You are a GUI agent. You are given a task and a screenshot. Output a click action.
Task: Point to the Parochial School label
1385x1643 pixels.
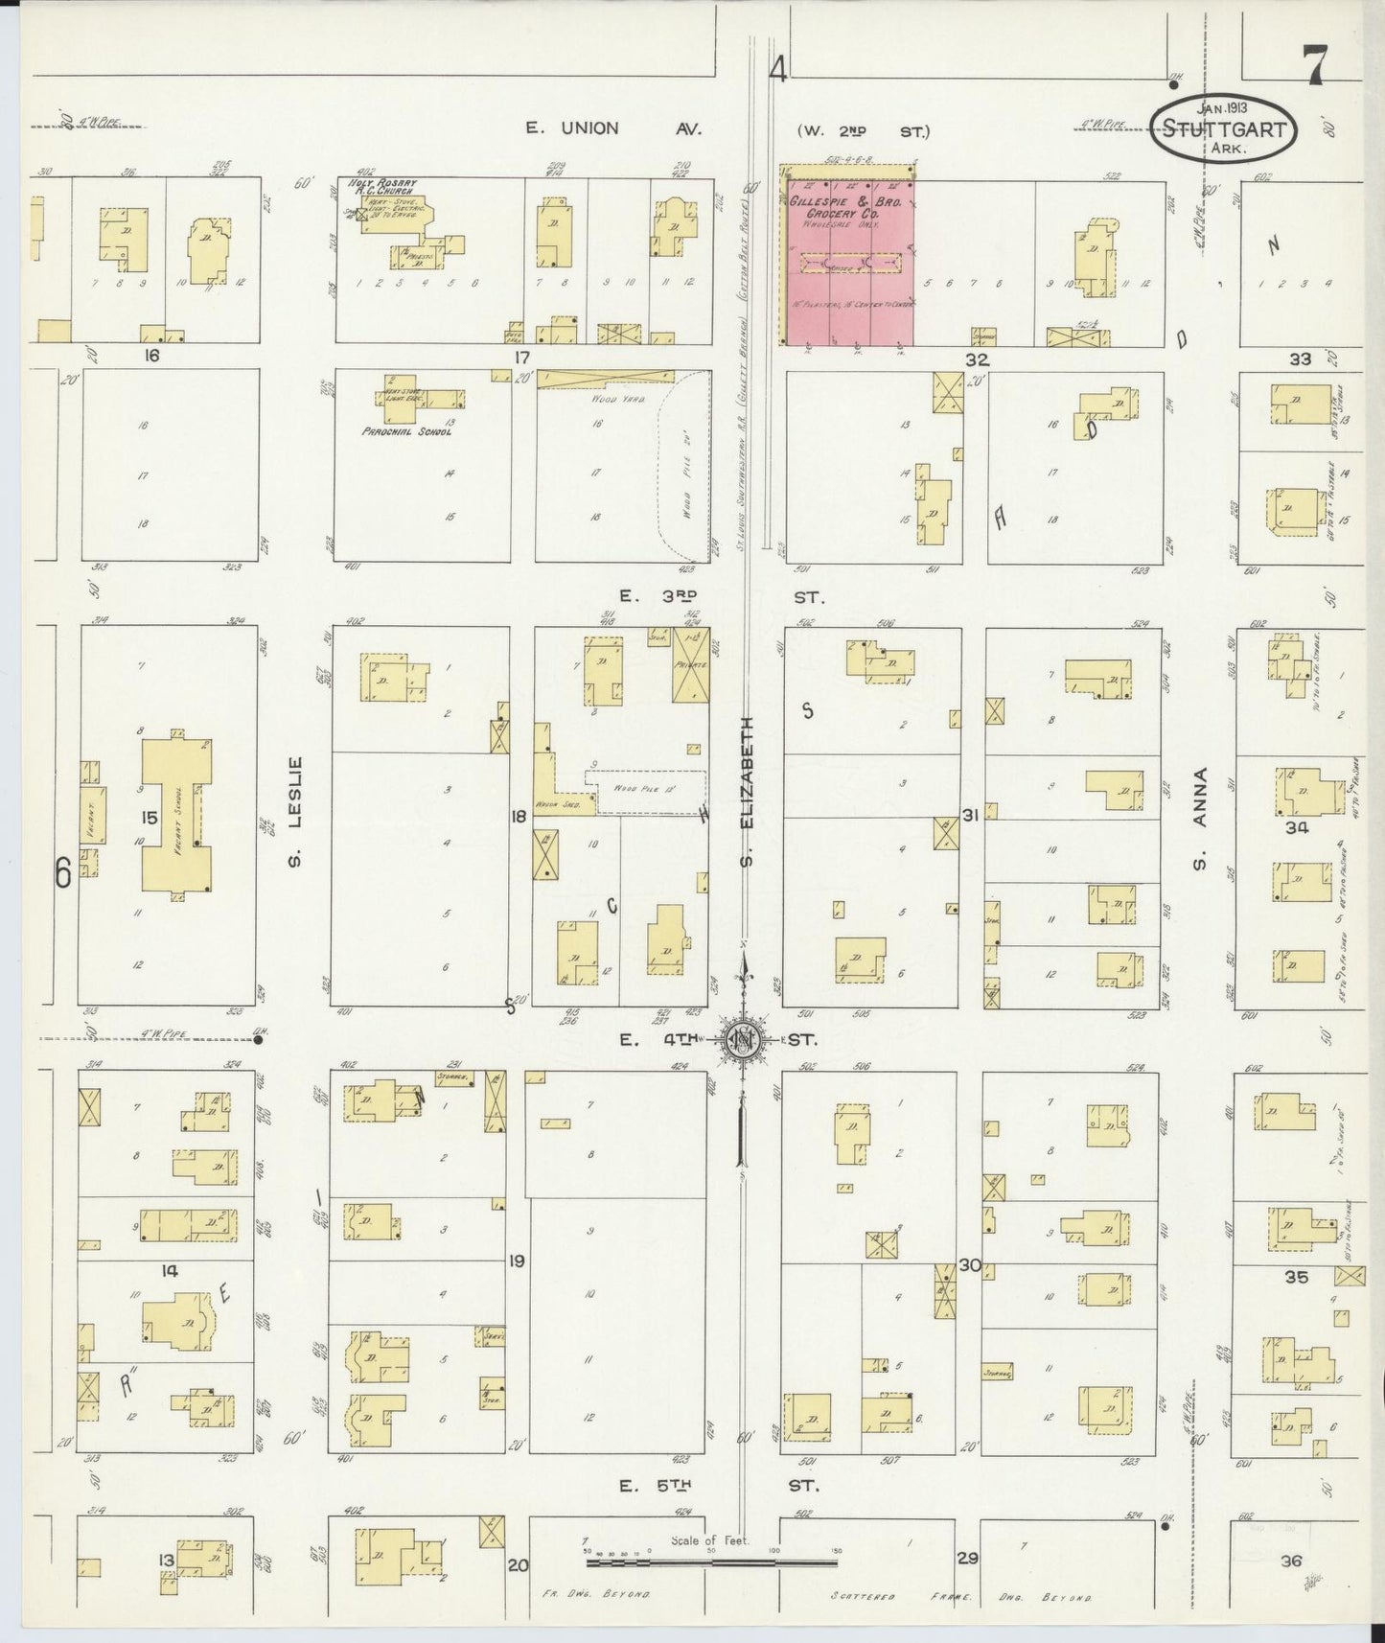[x=406, y=431]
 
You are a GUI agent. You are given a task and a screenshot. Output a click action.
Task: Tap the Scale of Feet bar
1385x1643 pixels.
[x=711, y=1562]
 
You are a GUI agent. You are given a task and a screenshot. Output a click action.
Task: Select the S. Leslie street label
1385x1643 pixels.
[x=296, y=811]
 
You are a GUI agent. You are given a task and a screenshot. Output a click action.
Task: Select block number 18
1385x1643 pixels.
[x=519, y=817]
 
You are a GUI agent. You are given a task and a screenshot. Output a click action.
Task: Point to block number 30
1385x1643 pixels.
[x=970, y=1265]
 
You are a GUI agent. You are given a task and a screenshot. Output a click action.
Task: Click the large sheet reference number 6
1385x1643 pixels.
[x=63, y=873]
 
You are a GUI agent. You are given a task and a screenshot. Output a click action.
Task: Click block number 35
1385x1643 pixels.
[x=1297, y=1277]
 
